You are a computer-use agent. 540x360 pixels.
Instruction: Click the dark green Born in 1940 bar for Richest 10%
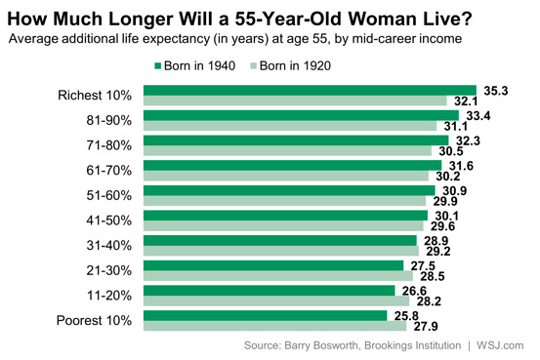click(x=310, y=90)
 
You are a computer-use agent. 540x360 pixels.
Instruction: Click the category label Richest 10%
click(x=95, y=95)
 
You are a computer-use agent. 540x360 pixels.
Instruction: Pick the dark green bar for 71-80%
click(x=296, y=140)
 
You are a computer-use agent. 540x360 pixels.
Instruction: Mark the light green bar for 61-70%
click(x=289, y=176)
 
